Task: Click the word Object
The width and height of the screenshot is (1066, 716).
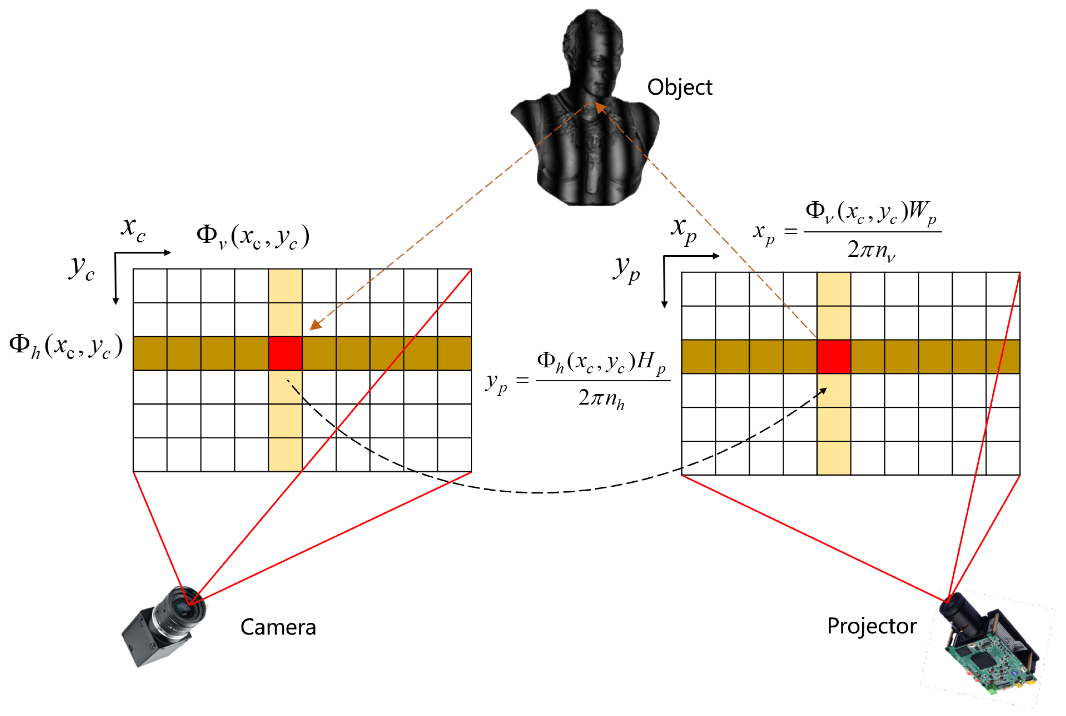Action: [x=679, y=87]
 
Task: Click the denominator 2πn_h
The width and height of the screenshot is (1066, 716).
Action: [x=601, y=398]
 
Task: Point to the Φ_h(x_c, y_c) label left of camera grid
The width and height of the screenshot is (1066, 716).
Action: [x=66, y=346]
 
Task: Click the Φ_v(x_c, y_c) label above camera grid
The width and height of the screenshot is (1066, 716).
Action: [x=253, y=236]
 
